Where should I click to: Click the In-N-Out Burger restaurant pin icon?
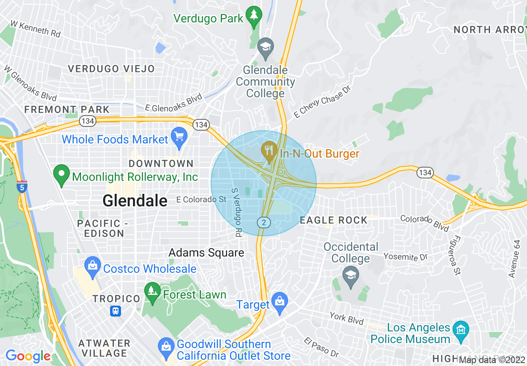tap(269, 152)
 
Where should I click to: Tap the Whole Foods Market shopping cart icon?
tap(180, 138)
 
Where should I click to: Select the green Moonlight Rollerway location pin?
tap(62, 175)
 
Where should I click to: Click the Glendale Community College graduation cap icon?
tap(265, 48)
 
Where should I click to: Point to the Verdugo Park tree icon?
tap(253, 17)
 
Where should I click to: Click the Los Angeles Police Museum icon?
tap(461, 330)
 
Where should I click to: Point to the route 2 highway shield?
tap(264, 223)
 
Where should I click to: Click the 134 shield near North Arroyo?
tap(425, 172)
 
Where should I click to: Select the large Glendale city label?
tap(135, 201)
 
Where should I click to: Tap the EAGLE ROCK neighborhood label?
tap(334, 220)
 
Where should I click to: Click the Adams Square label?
tap(206, 253)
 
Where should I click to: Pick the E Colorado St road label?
tap(201, 200)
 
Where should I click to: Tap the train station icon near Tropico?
tap(116, 311)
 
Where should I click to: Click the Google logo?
tap(27, 356)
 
